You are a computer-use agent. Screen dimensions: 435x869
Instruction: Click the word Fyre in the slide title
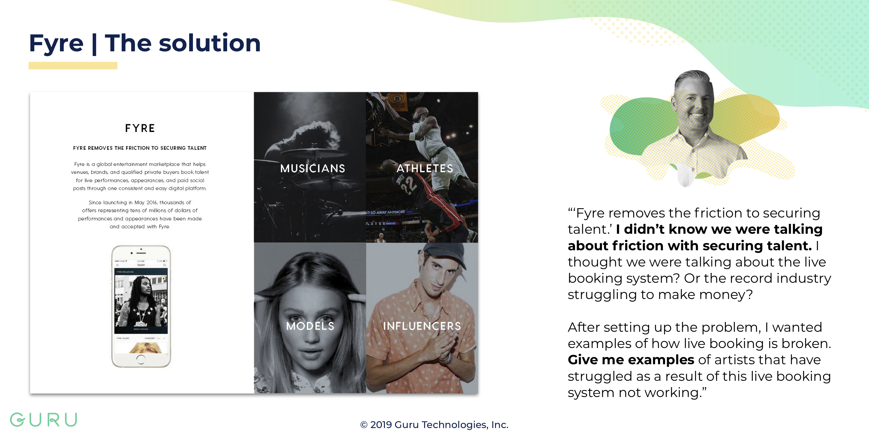(x=56, y=43)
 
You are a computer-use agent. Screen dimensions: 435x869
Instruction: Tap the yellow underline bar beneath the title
(x=73, y=66)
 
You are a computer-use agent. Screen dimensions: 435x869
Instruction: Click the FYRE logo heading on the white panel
(x=140, y=128)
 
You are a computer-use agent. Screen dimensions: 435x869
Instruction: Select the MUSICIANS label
(x=313, y=168)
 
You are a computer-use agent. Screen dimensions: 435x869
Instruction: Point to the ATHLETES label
(x=425, y=168)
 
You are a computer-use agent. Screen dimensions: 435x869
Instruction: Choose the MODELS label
(x=310, y=326)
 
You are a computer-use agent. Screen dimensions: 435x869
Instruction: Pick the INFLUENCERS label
(x=422, y=326)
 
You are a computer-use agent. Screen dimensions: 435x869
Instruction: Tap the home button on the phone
(x=141, y=359)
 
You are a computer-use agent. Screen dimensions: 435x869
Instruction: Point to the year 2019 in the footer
(x=381, y=425)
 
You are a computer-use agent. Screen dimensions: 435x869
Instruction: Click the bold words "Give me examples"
(x=631, y=360)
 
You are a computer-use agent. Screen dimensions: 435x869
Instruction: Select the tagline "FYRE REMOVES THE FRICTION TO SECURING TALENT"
(x=140, y=148)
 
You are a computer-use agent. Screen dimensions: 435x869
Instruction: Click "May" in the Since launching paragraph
(x=139, y=202)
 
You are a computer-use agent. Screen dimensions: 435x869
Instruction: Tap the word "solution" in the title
(x=209, y=43)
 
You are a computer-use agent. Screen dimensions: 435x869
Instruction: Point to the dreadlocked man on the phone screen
(x=142, y=300)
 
